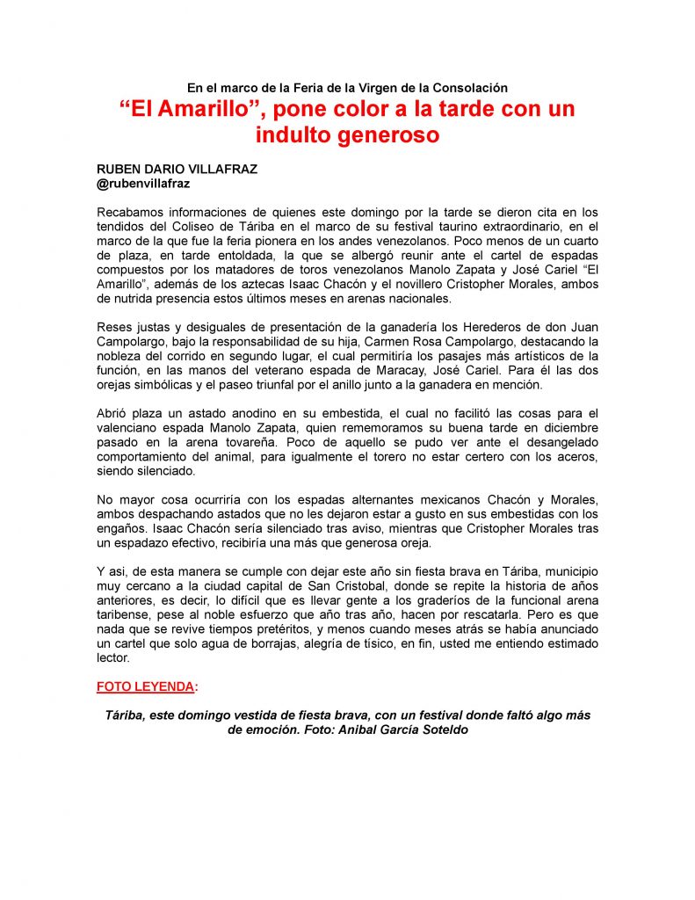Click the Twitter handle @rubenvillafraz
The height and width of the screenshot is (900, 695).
143,184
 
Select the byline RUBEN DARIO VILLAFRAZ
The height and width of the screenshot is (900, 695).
177,170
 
